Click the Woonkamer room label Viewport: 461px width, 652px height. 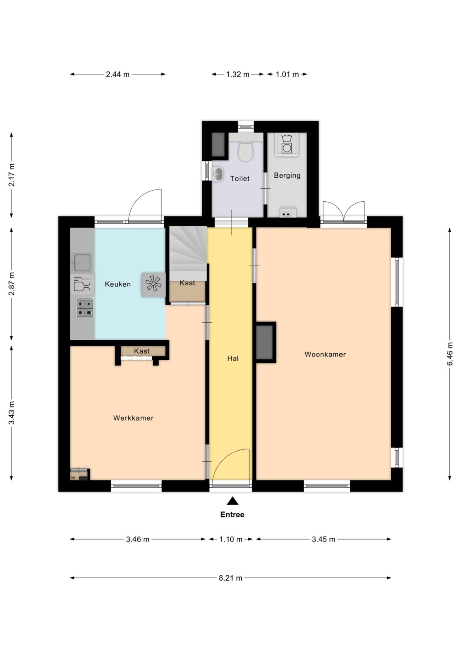pyautogui.click(x=325, y=354)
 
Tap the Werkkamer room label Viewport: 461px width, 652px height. pyautogui.click(x=133, y=418)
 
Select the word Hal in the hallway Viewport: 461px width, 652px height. pyautogui.click(x=233, y=358)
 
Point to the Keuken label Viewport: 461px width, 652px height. pyautogui.click(x=118, y=284)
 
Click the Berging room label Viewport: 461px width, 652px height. pyautogui.click(x=287, y=176)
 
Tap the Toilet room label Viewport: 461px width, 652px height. pyautogui.click(x=240, y=178)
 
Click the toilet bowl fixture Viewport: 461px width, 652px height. pyautogui.click(x=245, y=148)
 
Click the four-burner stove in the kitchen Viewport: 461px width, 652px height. pyautogui.click(x=85, y=307)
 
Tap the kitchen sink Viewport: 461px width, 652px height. pyautogui.click(x=82, y=262)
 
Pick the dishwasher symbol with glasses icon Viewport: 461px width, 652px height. pyautogui.click(x=82, y=284)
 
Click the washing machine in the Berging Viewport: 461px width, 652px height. pyautogui.click(x=287, y=145)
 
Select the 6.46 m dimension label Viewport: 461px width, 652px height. pyautogui.click(x=450, y=354)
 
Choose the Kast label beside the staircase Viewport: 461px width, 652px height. pyautogui.click(x=187, y=283)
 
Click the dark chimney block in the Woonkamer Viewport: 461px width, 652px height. pyautogui.click(x=265, y=342)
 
